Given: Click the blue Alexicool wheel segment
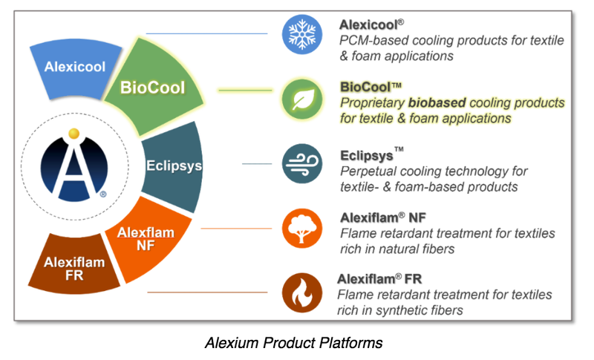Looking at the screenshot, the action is (76, 68).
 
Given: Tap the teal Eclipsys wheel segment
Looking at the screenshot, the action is (173, 166).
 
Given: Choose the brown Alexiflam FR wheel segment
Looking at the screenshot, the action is (74, 265).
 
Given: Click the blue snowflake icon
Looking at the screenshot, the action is (302, 34).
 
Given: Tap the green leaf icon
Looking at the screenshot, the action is (302, 99).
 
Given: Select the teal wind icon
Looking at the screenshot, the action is (302, 163).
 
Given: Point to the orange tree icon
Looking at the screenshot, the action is (302, 229).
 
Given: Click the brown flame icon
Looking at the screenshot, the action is (302, 292).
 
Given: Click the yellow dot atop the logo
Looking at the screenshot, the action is (74, 134).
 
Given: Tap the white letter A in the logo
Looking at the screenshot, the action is (74, 170).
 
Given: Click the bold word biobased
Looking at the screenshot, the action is (437, 103).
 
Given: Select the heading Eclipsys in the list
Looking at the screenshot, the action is (367, 156).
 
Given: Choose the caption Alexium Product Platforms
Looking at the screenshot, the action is (293, 343).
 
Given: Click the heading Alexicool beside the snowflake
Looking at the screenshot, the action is (368, 24).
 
